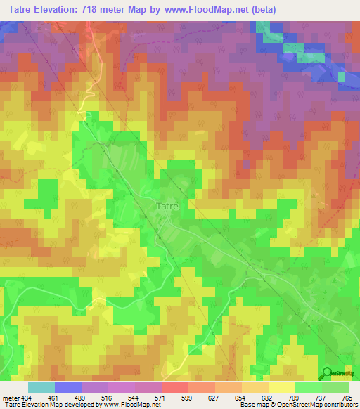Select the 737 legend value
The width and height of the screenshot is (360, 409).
point(321,397)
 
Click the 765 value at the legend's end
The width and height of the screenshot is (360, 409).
point(347,397)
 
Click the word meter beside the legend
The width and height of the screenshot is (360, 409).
point(10,397)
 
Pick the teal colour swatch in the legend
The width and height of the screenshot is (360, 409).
point(41,387)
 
